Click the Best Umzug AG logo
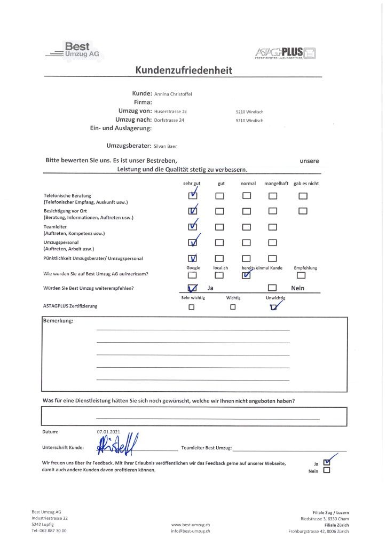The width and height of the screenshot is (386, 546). click(x=74, y=51)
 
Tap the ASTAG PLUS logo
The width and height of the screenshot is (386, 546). click(x=286, y=53)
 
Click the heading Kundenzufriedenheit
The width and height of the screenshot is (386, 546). click(x=184, y=70)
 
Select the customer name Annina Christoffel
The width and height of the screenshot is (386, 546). click(x=173, y=94)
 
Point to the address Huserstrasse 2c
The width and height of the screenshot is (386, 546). click(x=170, y=112)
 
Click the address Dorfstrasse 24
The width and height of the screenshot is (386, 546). click(x=169, y=121)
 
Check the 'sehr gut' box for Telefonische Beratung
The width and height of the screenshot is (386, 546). click(x=193, y=196)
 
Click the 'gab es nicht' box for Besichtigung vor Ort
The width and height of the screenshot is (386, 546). click(x=303, y=211)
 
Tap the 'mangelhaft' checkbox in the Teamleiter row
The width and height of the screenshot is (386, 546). click(x=272, y=227)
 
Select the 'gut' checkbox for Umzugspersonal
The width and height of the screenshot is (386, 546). click(x=220, y=243)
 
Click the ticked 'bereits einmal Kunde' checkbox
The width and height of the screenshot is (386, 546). click(x=246, y=275)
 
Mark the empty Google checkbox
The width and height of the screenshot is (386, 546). click(x=192, y=275)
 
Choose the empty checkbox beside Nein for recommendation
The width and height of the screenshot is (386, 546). click(x=272, y=289)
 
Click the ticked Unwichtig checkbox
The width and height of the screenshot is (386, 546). click(x=274, y=307)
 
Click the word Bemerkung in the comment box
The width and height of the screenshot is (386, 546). click(x=58, y=321)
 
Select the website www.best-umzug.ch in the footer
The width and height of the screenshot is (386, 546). click(x=190, y=525)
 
